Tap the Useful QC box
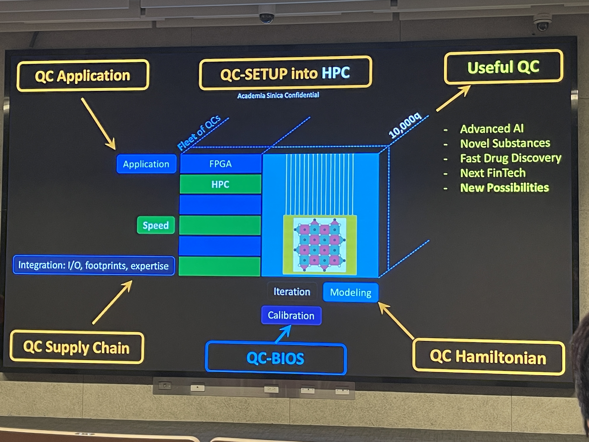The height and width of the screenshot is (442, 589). tap(503, 67)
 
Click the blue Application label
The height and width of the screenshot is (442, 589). tap(146, 164)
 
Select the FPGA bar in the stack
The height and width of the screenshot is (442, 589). tap(220, 164)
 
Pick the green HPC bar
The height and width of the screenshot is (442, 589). tap(220, 184)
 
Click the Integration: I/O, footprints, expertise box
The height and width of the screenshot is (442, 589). tap(93, 265)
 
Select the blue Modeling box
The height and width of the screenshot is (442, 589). tap(350, 292)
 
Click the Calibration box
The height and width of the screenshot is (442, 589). tap(291, 315)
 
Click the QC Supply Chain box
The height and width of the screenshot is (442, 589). tap(76, 347)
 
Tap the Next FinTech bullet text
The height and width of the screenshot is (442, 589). tap(493, 173)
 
